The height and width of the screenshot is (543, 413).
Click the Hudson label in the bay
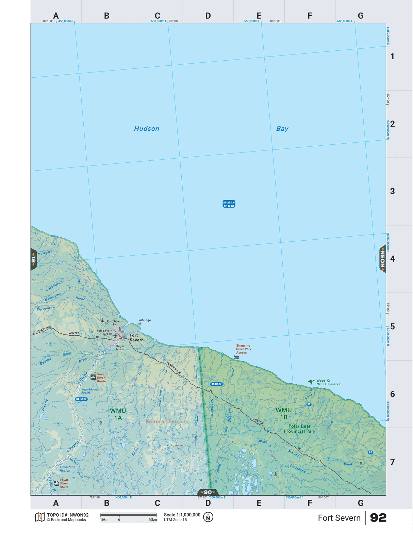(147, 128)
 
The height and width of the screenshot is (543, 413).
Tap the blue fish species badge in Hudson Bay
(229, 204)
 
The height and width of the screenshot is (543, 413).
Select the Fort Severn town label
(136, 337)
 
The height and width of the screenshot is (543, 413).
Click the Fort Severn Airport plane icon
(116, 336)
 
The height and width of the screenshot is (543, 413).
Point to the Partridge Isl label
(144, 322)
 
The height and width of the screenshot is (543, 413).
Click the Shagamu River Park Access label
(244, 349)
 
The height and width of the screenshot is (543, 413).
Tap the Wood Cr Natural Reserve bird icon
(311, 382)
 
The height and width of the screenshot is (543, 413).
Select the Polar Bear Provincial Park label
(299, 429)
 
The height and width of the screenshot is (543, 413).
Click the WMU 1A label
(118, 414)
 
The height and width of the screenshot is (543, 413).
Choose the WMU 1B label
(283, 414)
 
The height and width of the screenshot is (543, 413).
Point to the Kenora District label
(166, 421)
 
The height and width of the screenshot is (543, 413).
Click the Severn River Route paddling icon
(93, 377)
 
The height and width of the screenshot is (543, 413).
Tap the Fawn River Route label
(64, 483)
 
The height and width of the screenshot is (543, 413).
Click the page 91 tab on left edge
(33, 260)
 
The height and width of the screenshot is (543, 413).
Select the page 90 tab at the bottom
(208, 492)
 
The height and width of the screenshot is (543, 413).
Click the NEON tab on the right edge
(382, 259)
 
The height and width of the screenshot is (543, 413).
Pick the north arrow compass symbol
(208, 517)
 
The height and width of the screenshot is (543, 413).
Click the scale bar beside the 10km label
(129, 515)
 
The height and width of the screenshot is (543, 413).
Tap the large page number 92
(378, 518)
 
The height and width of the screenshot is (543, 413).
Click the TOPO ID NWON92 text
(68, 515)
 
